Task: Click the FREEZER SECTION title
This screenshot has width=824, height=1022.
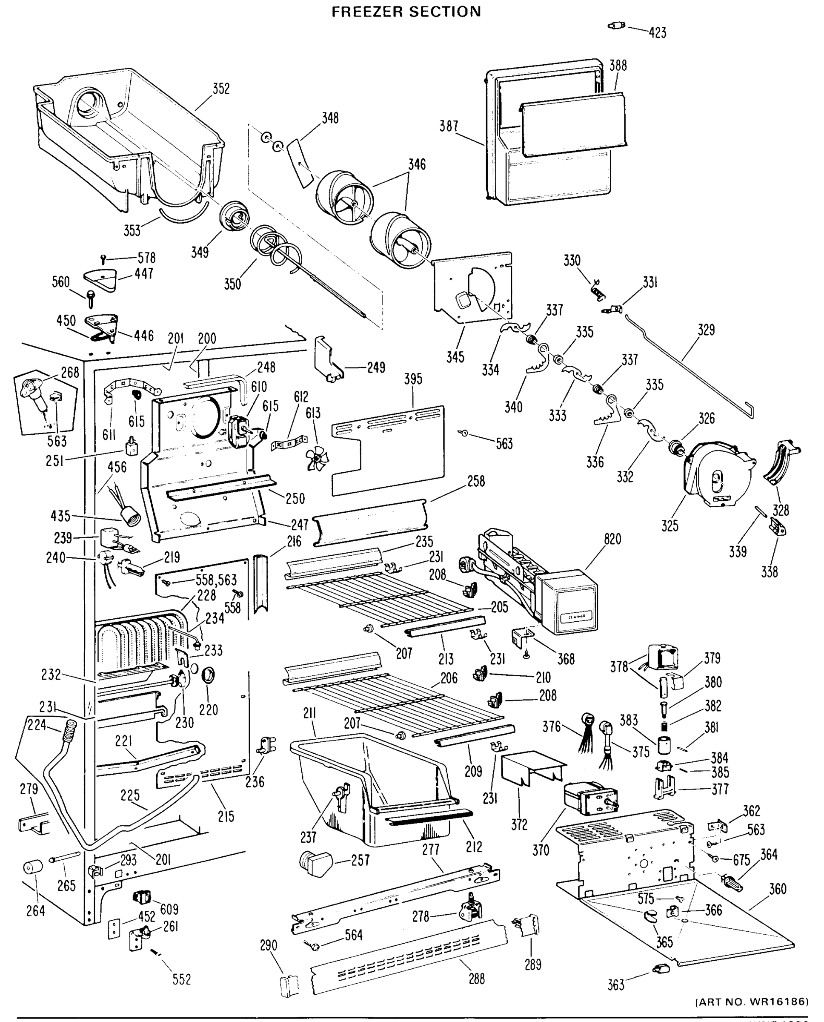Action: pyautogui.click(x=406, y=11)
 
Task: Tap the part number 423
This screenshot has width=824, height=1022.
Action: pyautogui.click(x=658, y=33)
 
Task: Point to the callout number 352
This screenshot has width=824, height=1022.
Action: pyautogui.click(x=221, y=89)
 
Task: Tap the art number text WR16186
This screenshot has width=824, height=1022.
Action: pyautogui.click(x=778, y=1002)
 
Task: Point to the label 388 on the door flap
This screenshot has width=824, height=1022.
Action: pyautogui.click(x=618, y=66)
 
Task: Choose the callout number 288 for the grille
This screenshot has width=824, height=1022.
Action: pyautogui.click(x=477, y=978)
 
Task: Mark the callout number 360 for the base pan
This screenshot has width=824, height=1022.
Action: pyautogui.click(x=778, y=889)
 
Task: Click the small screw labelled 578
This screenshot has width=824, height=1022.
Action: pyautogui.click(x=104, y=258)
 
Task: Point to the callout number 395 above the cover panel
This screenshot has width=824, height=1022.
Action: pyautogui.click(x=413, y=379)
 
